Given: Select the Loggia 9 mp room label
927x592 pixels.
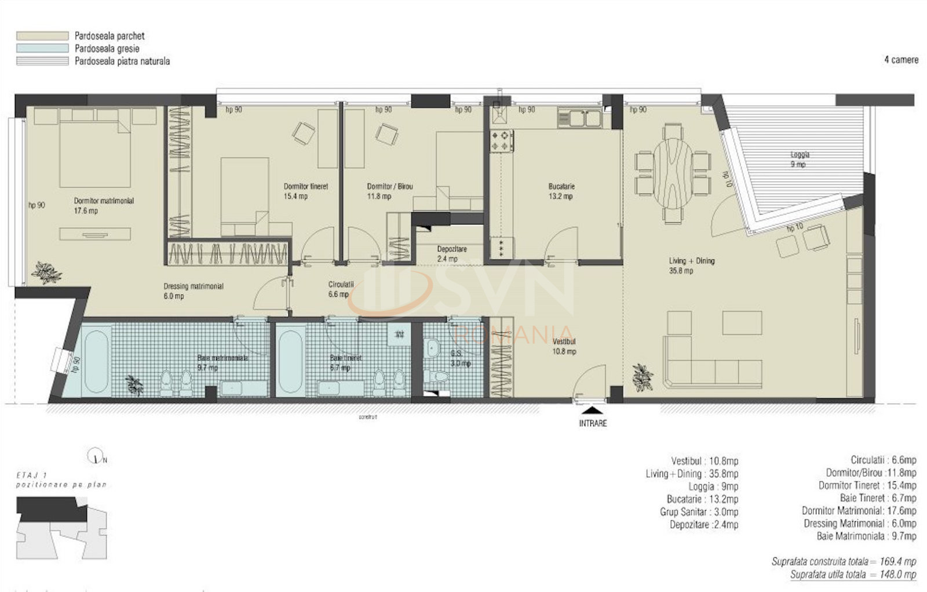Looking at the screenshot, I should pyautogui.click(x=800, y=159).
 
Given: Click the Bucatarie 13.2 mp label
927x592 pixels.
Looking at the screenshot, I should pyautogui.click(x=561, y=191).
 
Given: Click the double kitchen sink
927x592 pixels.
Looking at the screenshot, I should pyautogui.click(x=579, y=118).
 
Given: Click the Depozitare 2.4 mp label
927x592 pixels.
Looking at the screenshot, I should pyautogui.click(x=451, y=254).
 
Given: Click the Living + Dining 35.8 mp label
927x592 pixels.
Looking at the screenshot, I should pyautogui.click(x=691, y=266).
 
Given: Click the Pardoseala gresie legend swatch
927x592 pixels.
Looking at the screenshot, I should pyautogui.click(x=42, y=49).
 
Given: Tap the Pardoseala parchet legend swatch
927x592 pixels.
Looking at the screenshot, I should pyautogui.click(x=42, y=36).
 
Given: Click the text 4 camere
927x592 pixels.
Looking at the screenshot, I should pyautogui.click(x=900, y=60).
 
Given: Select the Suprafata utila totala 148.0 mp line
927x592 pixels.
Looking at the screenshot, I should pyautogui.click(x=853, y=575).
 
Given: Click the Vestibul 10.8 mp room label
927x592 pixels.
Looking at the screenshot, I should pyautogui.click(x=564, y=347).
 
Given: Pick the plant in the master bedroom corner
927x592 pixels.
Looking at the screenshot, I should pyautogui.click(x=46, y=272).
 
